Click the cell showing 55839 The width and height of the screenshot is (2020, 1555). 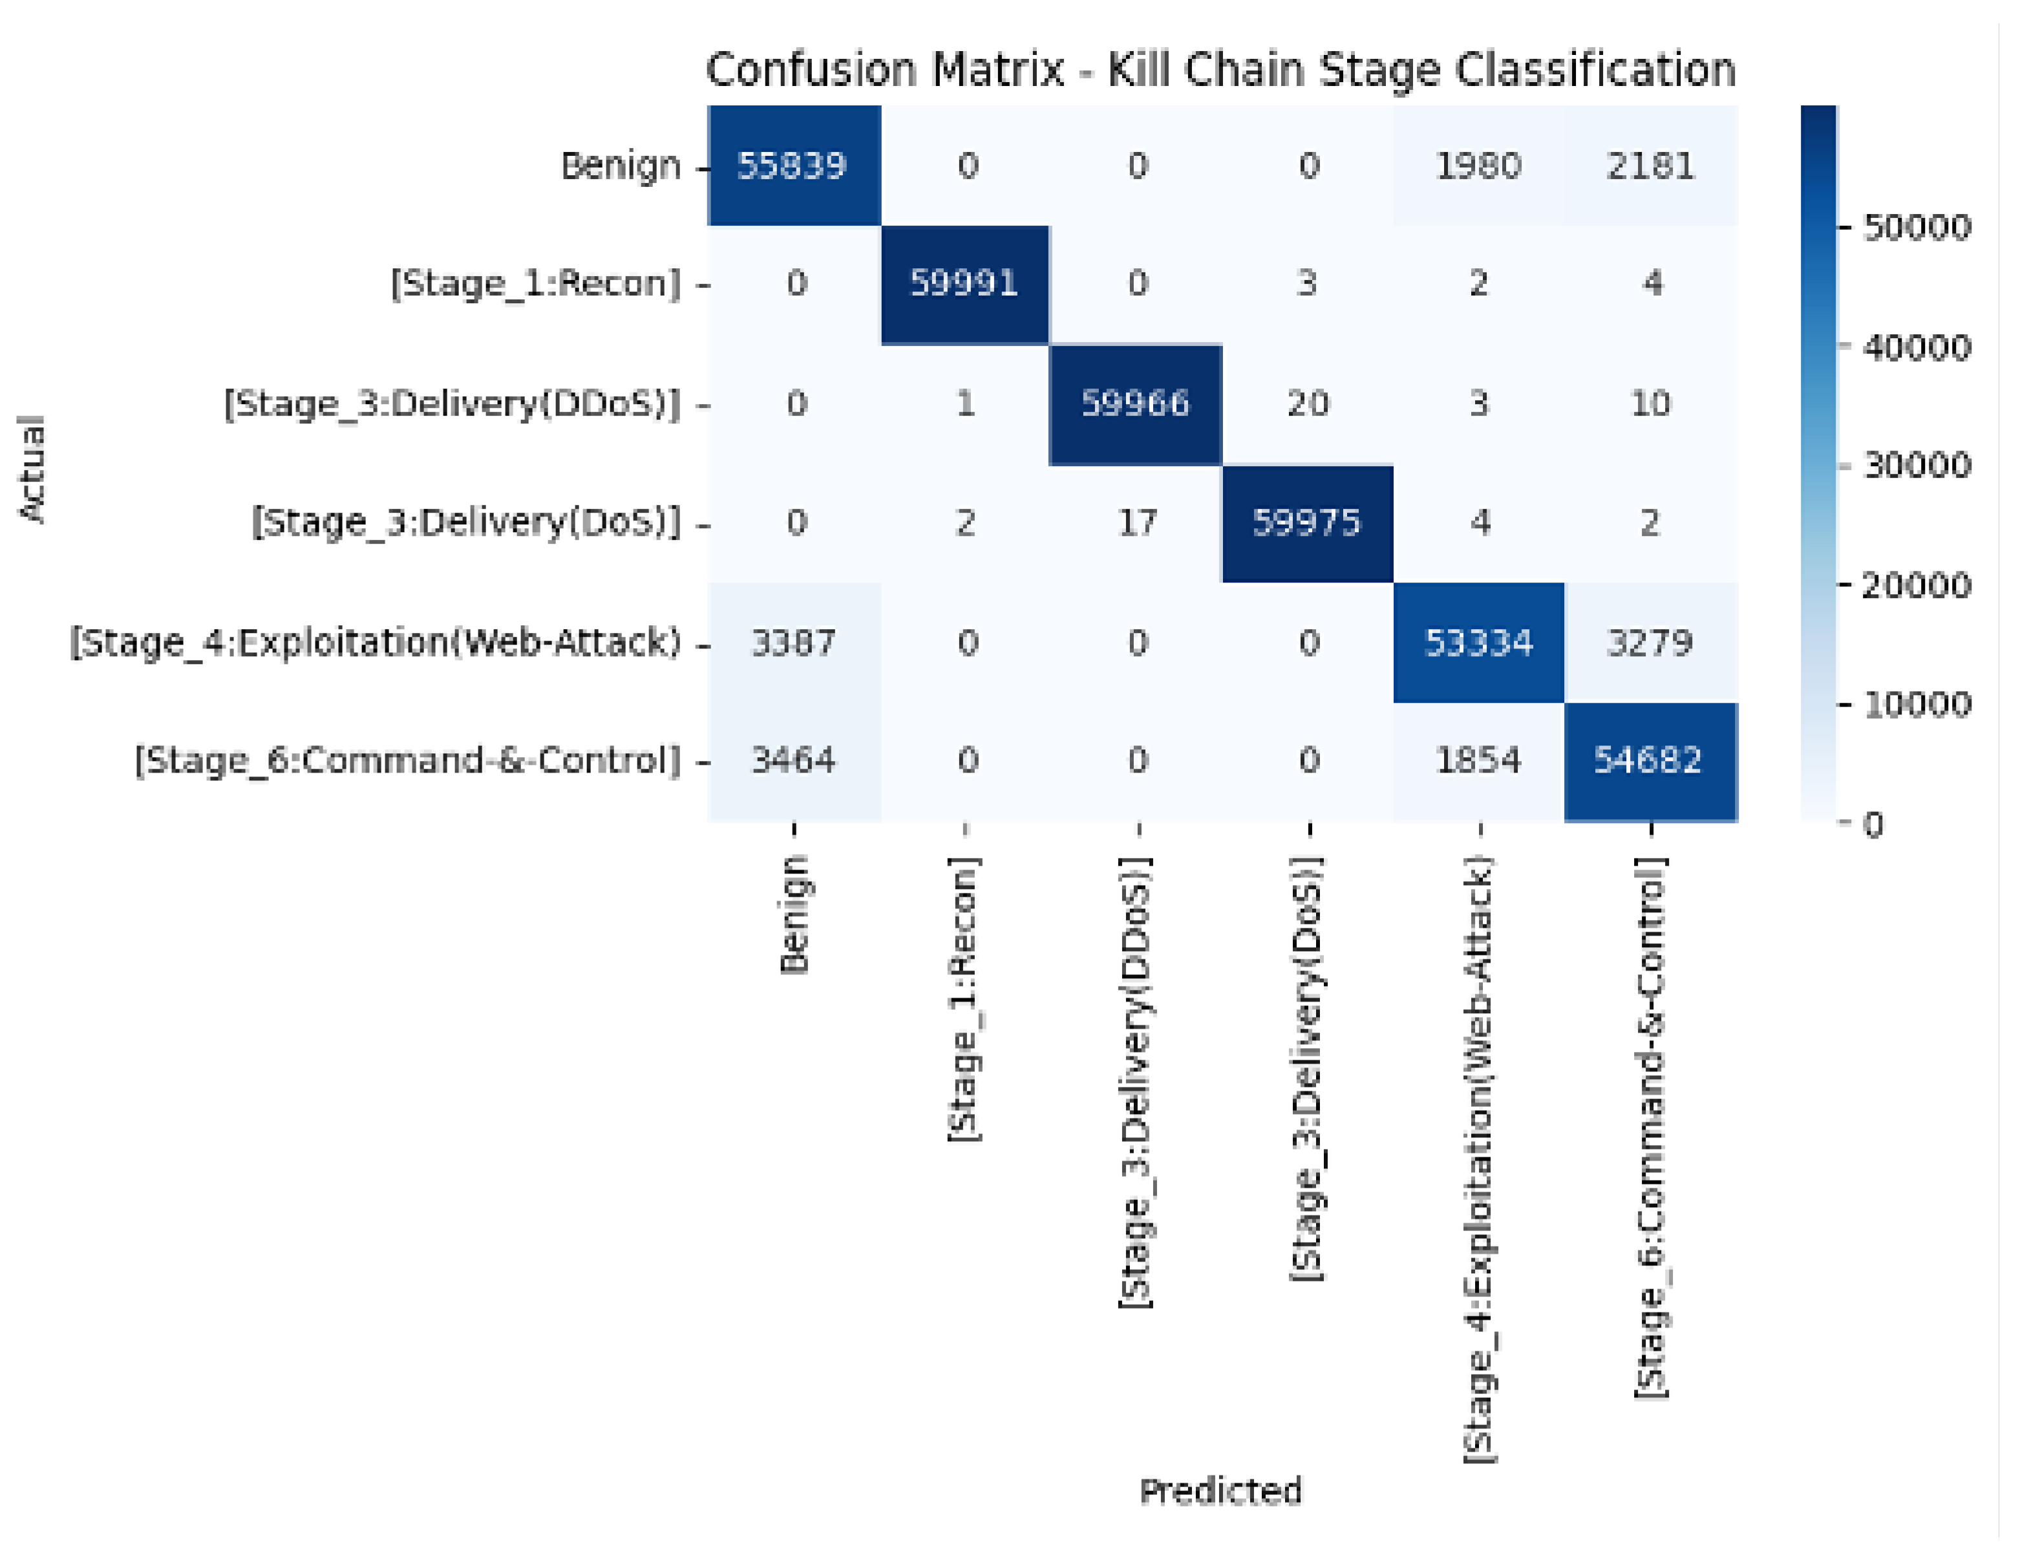(794, 166)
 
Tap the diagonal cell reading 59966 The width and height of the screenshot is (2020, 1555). (1136, 404)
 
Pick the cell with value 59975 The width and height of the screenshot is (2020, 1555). (1308, 524)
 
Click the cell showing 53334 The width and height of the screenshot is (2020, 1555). (1479, 643)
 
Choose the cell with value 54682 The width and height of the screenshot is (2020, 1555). (1651, 762)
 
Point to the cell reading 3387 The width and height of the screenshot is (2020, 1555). (794, 643)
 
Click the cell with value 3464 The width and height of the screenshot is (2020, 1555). (794, 762)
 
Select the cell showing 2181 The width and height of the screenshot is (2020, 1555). (1651, 166)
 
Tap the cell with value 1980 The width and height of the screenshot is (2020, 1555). (1479, 166)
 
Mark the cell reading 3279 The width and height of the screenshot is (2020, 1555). (1651, 643)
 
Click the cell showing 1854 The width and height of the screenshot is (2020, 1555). (1479, 762)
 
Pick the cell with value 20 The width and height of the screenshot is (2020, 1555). (1308, 404)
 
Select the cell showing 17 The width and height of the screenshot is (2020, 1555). (1136, 524)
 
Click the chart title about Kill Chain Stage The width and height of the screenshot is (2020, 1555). (1221, 69)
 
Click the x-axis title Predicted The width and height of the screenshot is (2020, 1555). (1221, 1491)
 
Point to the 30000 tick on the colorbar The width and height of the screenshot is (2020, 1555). (1917, 466)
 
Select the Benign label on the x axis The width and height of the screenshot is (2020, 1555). (794, 914)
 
